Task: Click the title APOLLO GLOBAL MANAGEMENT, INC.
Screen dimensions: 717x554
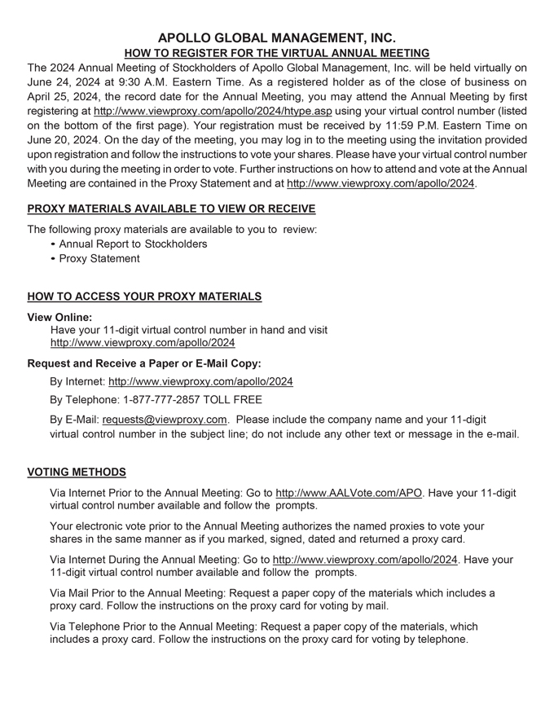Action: (277, 37)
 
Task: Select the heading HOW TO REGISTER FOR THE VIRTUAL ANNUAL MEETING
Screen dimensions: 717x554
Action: (277, 53)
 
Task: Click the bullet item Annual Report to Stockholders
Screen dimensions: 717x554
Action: (133, 244)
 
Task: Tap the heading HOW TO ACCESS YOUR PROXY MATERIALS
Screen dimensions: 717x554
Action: (144, 297)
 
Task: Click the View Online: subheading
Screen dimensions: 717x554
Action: (59, 316)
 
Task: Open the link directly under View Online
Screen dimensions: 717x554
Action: (143, 343)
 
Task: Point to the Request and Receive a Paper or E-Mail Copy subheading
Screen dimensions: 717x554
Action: (144, 363)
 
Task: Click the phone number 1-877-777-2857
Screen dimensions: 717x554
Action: (169, 400)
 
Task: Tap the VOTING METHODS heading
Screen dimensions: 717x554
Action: (77, 472)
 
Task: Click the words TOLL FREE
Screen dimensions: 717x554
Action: (244, 400)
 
